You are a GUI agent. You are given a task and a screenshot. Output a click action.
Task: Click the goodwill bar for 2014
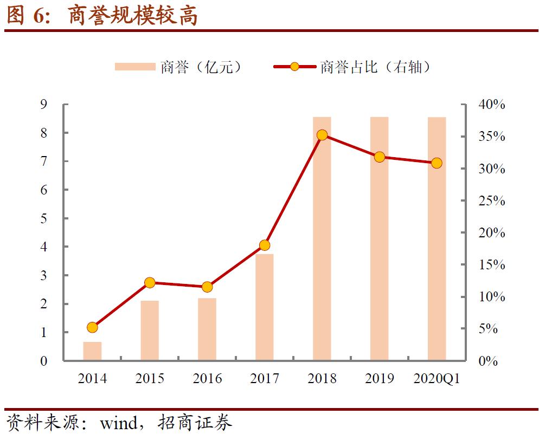point(92,351)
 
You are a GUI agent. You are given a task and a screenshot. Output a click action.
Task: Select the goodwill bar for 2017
point(265,307)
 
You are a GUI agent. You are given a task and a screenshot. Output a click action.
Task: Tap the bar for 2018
point(322,238)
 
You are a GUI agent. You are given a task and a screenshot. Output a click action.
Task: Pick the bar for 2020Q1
point(437,238)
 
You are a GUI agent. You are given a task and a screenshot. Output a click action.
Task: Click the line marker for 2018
point(322,135)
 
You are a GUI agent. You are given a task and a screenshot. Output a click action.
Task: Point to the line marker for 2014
point(92,327)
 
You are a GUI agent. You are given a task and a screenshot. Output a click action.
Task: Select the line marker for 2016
point(207,287)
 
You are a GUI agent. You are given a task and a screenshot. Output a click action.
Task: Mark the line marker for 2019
point(380,157)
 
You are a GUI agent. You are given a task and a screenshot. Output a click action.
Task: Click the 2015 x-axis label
point(150,378)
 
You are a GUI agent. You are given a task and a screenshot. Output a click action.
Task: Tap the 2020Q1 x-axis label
point(437,378)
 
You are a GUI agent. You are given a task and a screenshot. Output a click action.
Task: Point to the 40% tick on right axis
point(491,105)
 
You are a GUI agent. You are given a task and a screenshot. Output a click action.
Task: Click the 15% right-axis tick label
point(491,265)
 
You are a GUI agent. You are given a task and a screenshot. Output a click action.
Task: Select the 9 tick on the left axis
point(43,105)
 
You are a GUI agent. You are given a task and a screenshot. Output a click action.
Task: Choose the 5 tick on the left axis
point(43,218)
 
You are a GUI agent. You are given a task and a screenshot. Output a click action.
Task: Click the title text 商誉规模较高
point(133,16)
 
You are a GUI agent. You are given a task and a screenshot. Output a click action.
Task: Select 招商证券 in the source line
point(195,423)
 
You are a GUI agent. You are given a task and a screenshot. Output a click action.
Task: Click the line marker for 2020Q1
point(437,163)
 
